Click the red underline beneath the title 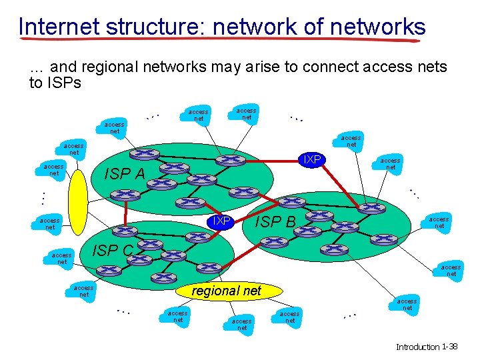(x=220, y=41)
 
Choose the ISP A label (x=125, y=175)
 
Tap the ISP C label (x=113, y=251)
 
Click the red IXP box (x=221, y=221)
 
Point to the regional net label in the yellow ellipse (x=226, y=291)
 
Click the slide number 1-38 (x=449, y=347)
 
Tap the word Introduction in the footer (x=417, y=347)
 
